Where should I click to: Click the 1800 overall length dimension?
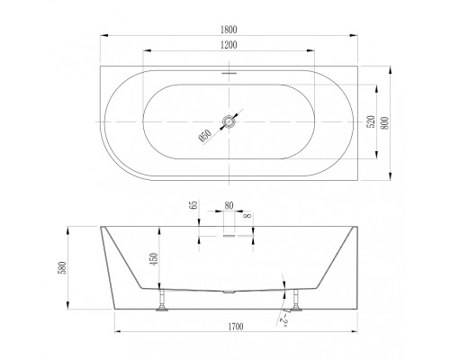coord(229,30)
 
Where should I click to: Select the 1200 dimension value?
coord(229,45)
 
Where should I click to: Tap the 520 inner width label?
coord(372,121)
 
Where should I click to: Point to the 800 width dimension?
coord(384,122)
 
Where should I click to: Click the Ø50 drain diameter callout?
coord(205,135)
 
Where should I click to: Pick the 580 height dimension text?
coord(63,268)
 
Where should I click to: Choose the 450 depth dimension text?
coord(153,259)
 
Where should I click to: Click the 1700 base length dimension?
coord(235,327)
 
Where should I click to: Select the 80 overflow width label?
coord(229,206)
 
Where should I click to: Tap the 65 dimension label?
coord(194,205)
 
